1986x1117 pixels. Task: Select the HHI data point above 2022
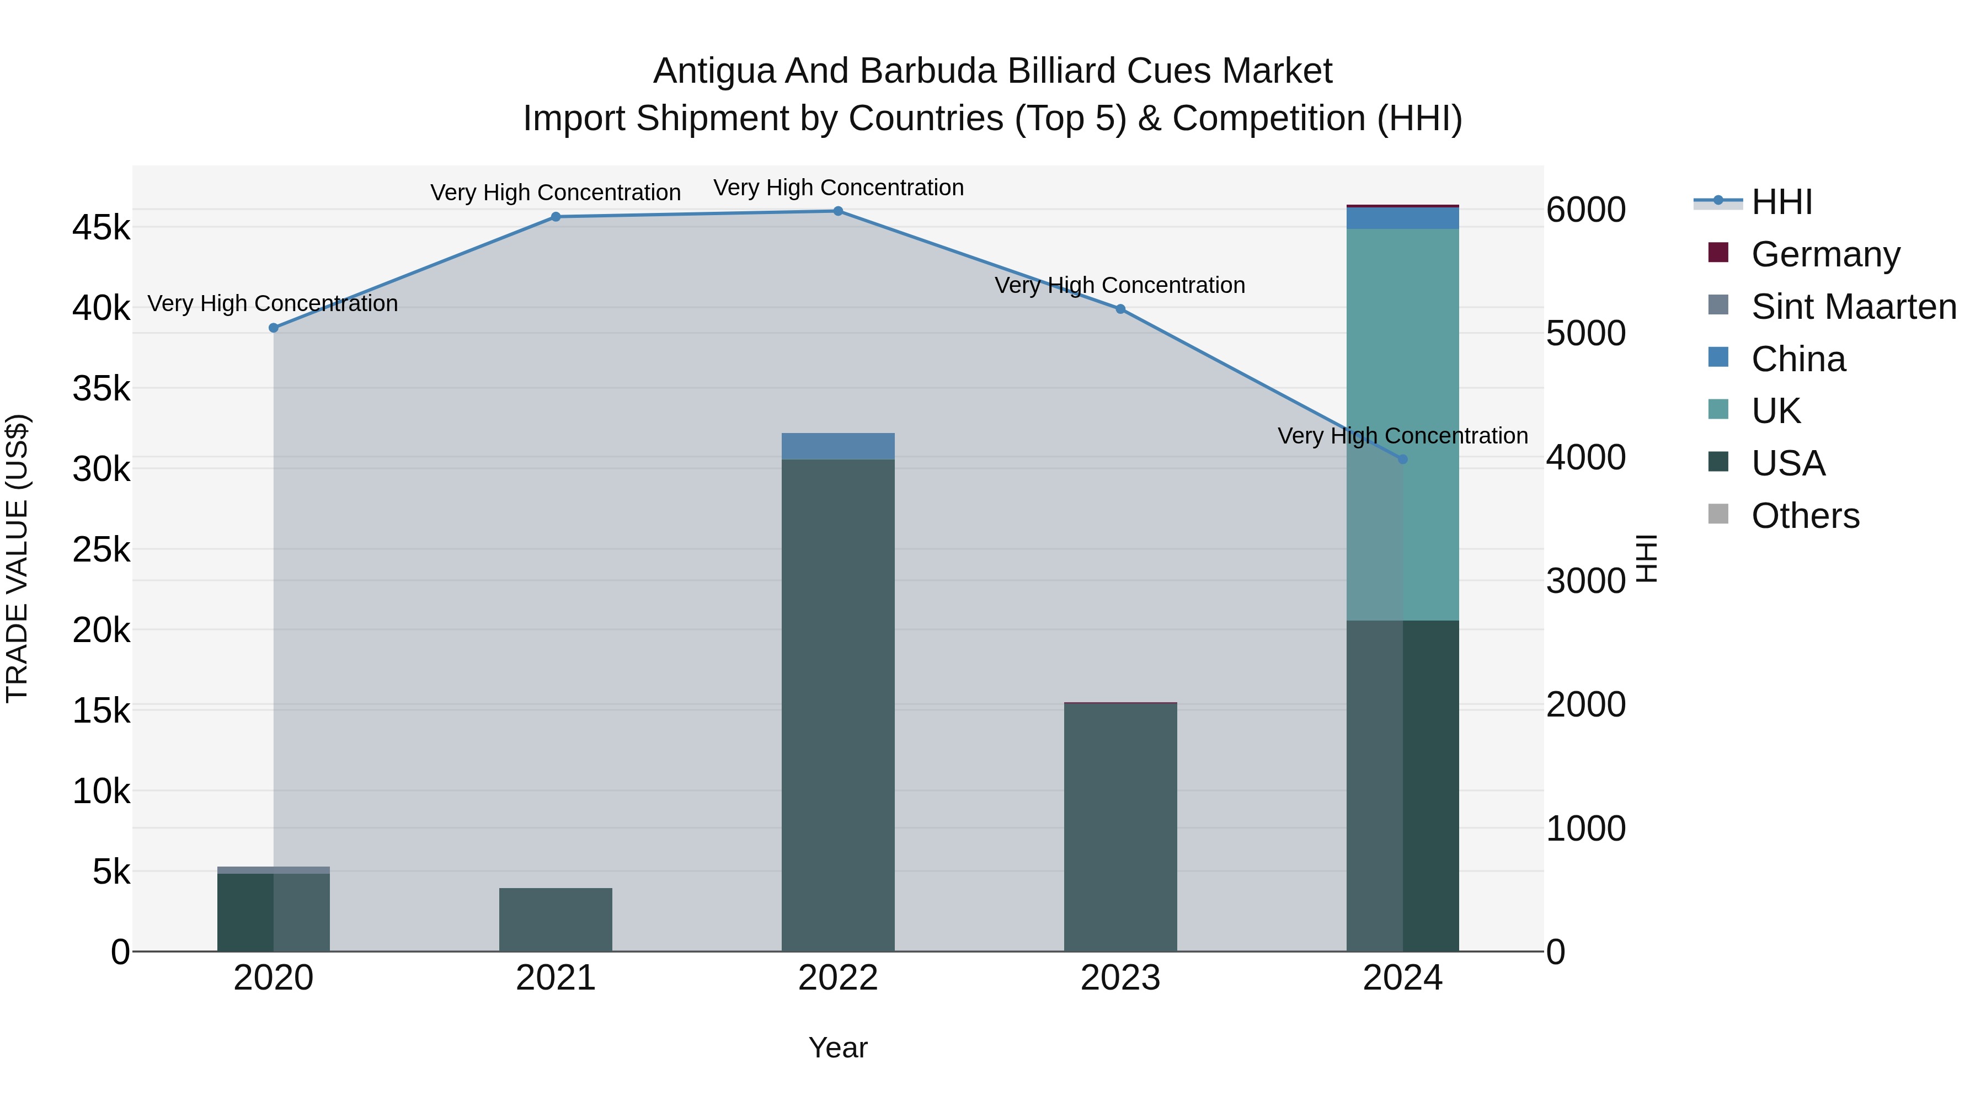(x=838, y=211)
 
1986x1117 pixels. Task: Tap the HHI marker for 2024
(x=1402, y=459)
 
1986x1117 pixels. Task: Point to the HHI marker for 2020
(x=273, y=328)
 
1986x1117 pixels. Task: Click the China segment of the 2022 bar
(x=838, y=446)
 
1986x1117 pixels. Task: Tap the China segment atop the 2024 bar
(x=1402, y=218)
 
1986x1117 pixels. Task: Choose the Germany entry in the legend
(x=1824, y=254)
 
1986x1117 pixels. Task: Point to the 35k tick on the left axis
(x=101, y=388)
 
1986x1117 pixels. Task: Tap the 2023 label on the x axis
(x=1120, y=978)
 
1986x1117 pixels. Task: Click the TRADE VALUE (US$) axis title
(x=17, y=558)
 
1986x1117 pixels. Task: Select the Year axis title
(x=838, y=1047)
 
